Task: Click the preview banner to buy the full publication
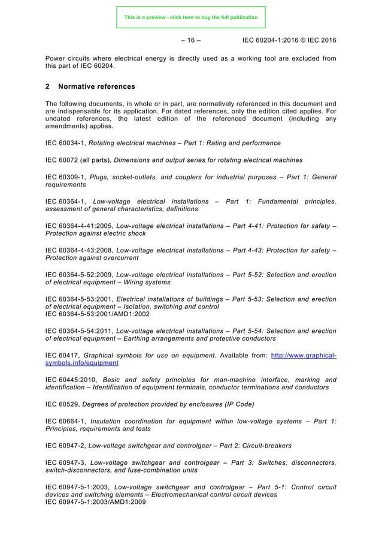tap(190, 17)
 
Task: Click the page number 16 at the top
tap(190, 40)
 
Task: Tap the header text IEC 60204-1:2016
tap(273, 40)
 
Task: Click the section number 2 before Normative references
tap(48, 86)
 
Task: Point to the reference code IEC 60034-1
tap(65, 143)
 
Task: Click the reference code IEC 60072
tap(63, 160)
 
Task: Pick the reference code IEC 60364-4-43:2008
tap(78, 250)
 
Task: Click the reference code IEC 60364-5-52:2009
tap(78, 275)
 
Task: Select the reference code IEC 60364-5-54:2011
tap(78, 331)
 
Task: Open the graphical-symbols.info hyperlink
tap(303, 355)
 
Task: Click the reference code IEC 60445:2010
tap(71, 380)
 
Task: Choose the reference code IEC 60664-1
tap(65, 421)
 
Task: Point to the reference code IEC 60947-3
tap(65, 462)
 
